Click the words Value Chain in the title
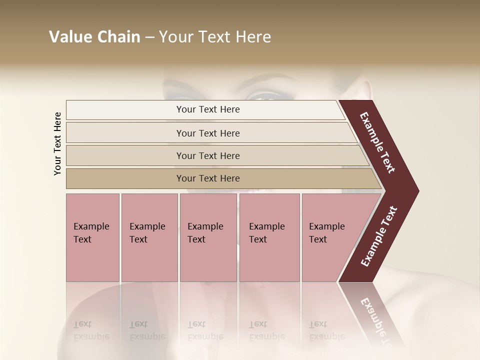(94, 37)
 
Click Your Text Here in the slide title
(215, 37)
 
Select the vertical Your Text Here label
(57, 143)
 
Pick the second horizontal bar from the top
(207, 133)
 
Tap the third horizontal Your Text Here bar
(207, 155)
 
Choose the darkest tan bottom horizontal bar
(207, 178)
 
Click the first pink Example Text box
(92, 237)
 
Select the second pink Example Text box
(149, 237)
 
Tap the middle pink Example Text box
(208, 237)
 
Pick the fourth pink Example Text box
(269, 237)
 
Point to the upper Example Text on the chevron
(377, 142)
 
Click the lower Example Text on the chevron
(379, 236)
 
